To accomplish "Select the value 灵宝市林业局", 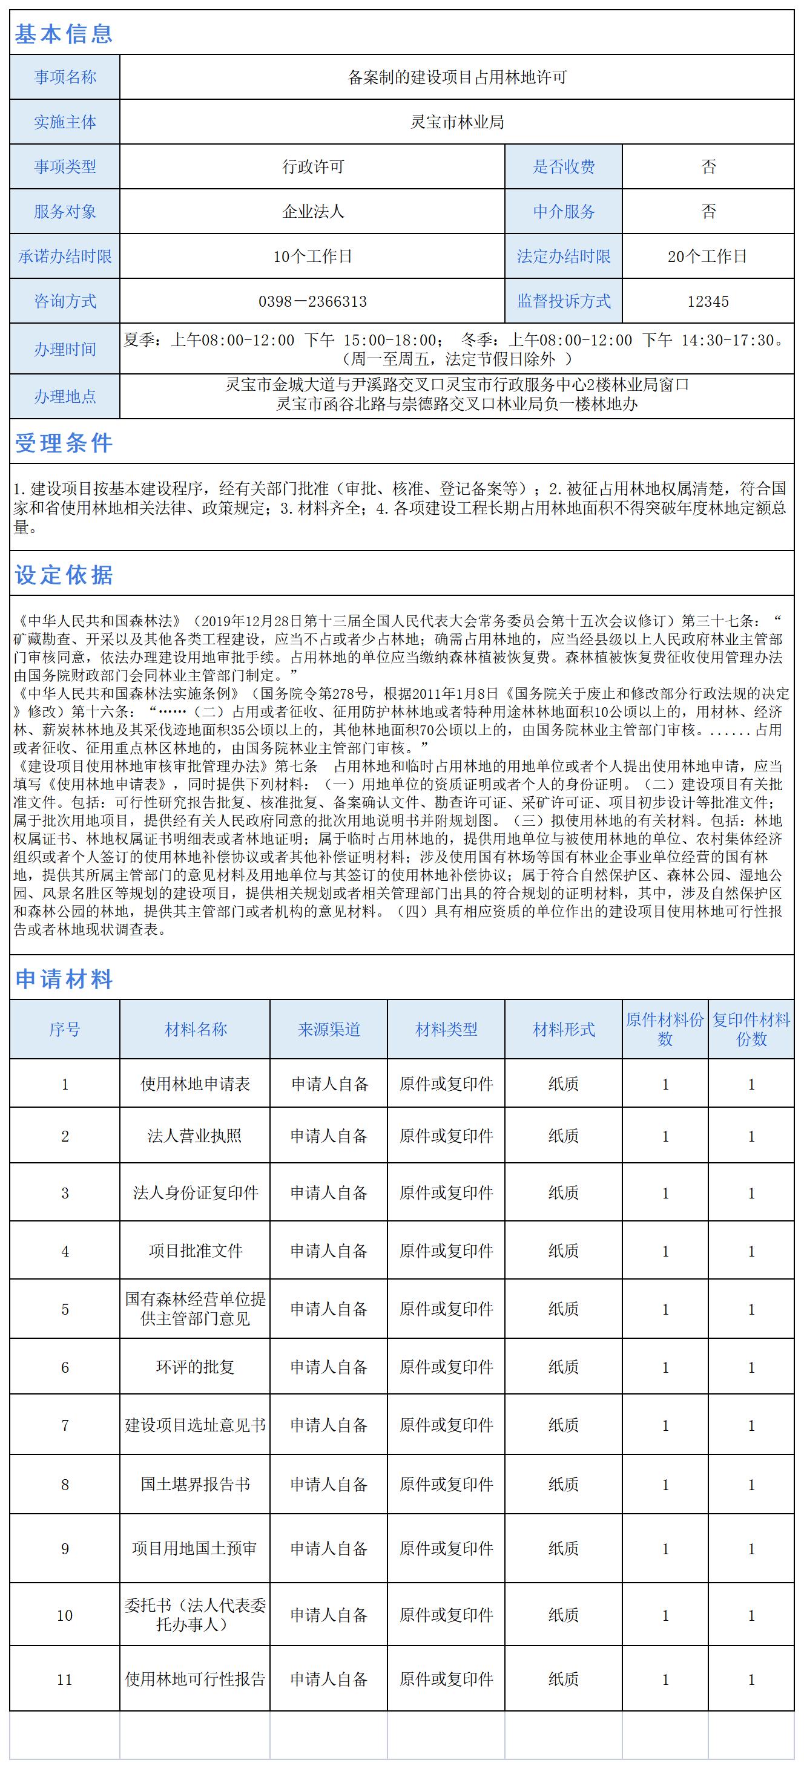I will click(x=457, y=122).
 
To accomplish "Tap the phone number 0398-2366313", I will click(x=312, y=301).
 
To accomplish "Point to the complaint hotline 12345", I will click(x=708, y=301).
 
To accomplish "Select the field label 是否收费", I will click(x=564, y=167).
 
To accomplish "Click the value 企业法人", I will click(x=312, y=212).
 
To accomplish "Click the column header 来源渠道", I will click(x=329, y=1030).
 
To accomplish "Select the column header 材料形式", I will click(x=564, y=1030).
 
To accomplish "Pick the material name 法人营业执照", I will click(x=195, y=1136).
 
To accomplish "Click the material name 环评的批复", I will click(x=195, y=1367).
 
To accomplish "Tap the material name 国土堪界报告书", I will click(x=195, y=1485).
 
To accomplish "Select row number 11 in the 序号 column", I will click(x=65, y=1679).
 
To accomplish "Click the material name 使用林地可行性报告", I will click(x=195, y=1679).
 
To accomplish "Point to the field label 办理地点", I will click(x=65, y=396).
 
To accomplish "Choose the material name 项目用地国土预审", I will click(x=195, y=1549).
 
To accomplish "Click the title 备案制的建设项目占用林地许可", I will click(x=457, y=77).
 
